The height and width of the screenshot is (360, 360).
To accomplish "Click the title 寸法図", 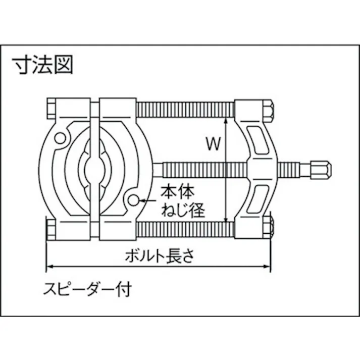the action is (x=43, y=65).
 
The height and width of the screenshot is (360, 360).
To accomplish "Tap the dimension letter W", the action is (x=213, y=143).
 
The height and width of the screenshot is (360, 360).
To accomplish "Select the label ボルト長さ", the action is (x=160, y=256).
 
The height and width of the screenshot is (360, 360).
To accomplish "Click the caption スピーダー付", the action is (x=87, y=289).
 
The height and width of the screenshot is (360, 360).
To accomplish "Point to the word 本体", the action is (x=177, y=192).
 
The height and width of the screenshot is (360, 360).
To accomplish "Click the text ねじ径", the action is (x=183, y=210).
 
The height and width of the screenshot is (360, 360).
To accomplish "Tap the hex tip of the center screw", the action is (x=321, y=170).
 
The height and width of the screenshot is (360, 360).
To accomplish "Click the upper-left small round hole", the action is (x=60, y=138).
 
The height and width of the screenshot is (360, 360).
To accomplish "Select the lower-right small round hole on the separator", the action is (x=133, y=200).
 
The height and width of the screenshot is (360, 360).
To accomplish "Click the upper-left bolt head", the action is (x=51, y=109).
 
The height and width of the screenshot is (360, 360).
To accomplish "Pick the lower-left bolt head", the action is (x=51, y=230).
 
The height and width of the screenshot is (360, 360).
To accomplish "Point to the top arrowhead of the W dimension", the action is (x=226, y=121).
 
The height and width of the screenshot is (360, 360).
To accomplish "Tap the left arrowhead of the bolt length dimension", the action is (x=50, y=267).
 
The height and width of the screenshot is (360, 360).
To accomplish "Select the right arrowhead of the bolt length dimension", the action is (x=267, y=267).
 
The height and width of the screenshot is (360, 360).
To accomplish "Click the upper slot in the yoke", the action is (x=258, y=140).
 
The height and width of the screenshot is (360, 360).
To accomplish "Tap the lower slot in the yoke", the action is (x=258, y=199).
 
